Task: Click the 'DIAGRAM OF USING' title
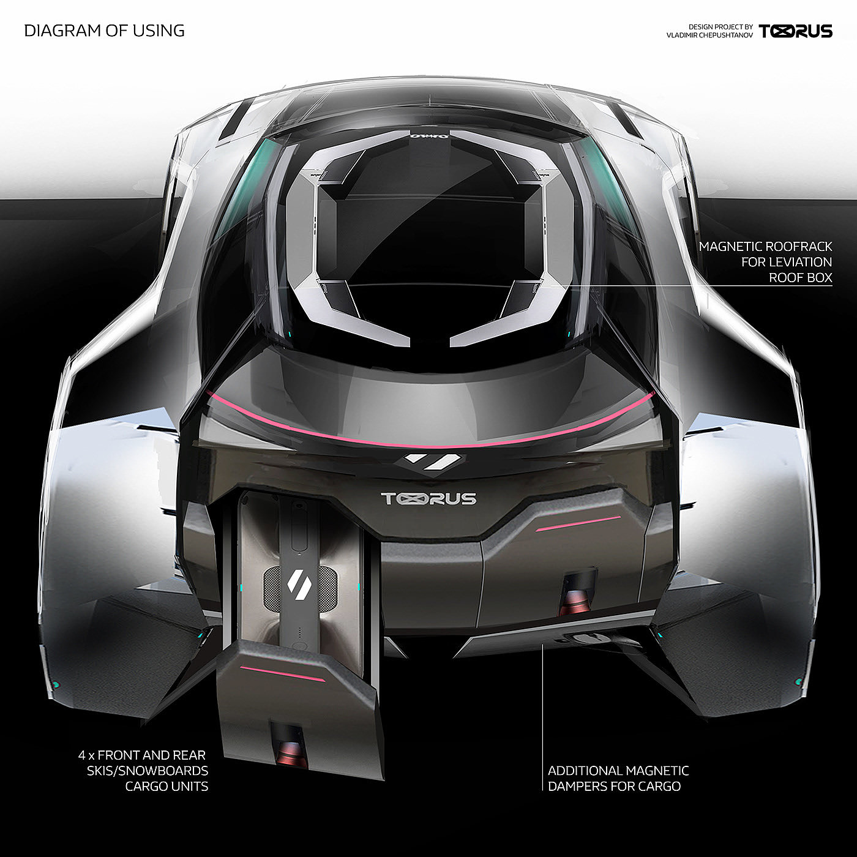point(104,31)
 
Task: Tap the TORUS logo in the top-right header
point(795,31)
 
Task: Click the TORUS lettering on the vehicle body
point(428,499)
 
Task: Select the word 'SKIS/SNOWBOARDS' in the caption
point(148,771)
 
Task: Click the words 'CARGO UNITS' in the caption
point(167,787)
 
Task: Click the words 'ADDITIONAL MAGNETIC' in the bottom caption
point(618,771)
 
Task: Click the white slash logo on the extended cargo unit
point(296,582)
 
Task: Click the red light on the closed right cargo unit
point(577,600)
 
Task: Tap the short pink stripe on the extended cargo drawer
point(283,673)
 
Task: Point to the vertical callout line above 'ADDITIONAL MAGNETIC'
point(543,704)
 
